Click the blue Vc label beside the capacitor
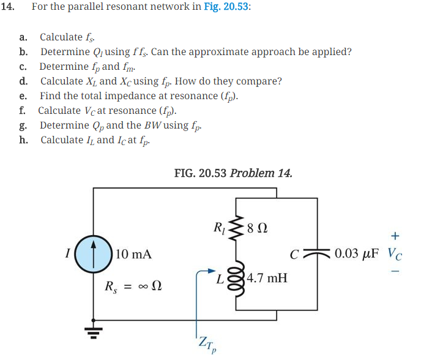click(x=395, y=254)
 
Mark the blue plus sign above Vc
click(x=396, y=235)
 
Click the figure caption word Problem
click(x=252, y=173)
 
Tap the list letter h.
click(x=23, y=140)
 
